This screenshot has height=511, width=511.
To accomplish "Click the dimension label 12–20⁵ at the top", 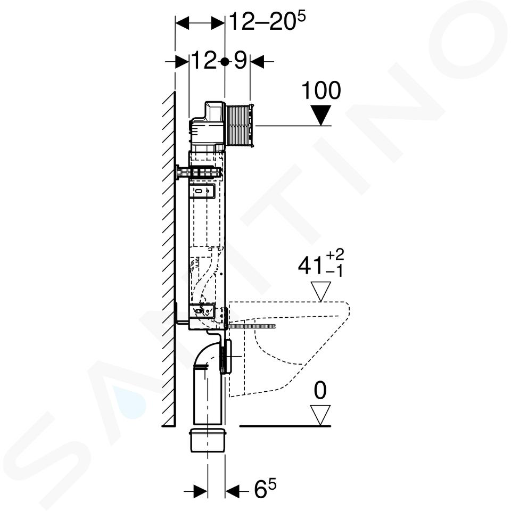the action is (x=268, y=21).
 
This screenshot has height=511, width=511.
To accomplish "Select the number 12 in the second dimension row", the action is (x=203, y=61).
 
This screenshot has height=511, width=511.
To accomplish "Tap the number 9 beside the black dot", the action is (x=240, y=61).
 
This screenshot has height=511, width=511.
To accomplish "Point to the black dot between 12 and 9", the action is (x=225, y=61).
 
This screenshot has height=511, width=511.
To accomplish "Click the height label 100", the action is (x=321, y=90).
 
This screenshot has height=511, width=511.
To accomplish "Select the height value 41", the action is (x=310, y=266).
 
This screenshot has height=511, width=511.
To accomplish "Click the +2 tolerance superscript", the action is (x=335, y=254).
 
